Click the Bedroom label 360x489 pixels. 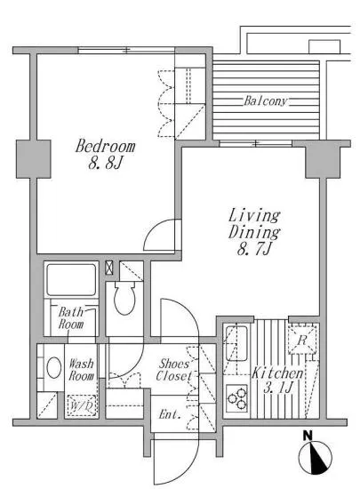coord(106,146)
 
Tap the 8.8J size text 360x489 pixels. coord(105,163)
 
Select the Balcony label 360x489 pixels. coord(265,100)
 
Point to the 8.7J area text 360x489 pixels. coord(254,249)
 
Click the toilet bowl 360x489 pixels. coord(124,298)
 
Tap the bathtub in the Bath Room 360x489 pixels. coord(71,280)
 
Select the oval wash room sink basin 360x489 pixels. coord(54,368)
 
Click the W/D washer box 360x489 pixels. coord(82,405)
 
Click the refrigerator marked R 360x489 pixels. coord(302,340)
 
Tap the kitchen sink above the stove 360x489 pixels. coord(236,343)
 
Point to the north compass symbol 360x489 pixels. coord(316,458)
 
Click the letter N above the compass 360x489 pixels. coord(308,435)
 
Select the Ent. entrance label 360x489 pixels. coord(170,414)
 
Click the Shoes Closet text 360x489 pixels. coord(173,370)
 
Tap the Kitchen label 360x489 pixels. coord(277,373)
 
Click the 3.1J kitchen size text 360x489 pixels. coord(278,388)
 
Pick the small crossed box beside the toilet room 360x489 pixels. coord(108,268)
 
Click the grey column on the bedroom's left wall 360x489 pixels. coord(34,159)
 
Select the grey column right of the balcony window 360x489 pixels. coord(323,159)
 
